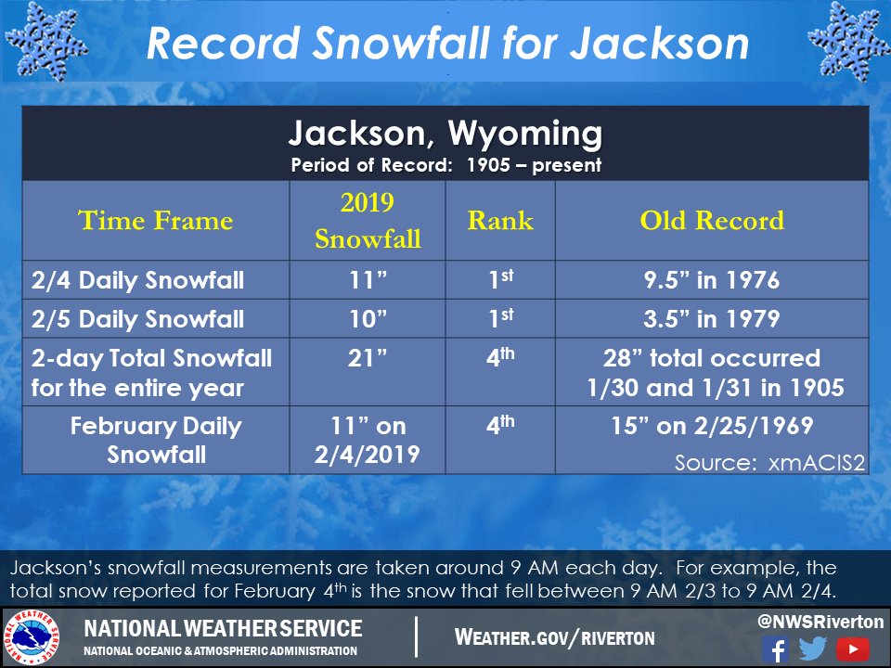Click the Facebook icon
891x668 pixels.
pyautogui.click(x=775, y=649)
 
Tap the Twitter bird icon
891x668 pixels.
pyautogui.click(x=813, y=649)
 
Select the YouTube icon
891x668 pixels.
pyautogui.click(x=852, y=649)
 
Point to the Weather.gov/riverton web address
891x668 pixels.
pyautogui.click(x=554, y=637)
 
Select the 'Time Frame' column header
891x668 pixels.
pyautogui.click(x=155, y=221)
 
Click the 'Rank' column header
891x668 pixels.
pyautogui.click(x=500, y=221)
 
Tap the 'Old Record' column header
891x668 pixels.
pyautogui.click(x=712, y=221)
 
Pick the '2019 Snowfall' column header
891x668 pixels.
pyautogui.click(x=368, y=221)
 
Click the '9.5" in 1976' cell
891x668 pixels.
pyautogui.click(x=712, y=280)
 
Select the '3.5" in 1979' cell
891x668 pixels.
pyautogui.click(x=712, y=319)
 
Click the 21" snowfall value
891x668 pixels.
pyautogui.click(x=368, y=359)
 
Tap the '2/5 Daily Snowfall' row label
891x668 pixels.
pyautogui.click(x=137, y=319)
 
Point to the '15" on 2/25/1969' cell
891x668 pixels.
pyautogui.click(x=712, y=427)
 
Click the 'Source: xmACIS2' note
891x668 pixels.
pyautogui.click(x=769, y=462)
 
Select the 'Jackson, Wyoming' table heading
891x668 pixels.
pyautogui.click(x=445, y=135)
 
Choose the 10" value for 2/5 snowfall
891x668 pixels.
pyautogui.click(x=368, y=319)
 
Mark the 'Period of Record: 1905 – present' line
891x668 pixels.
pyautogui.click(x=445, y=166)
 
